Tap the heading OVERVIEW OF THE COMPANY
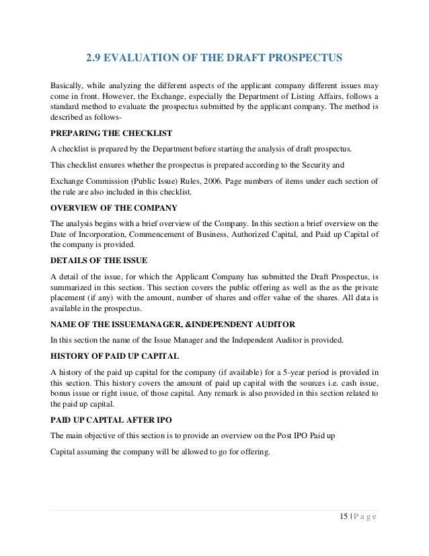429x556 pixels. (114, 207)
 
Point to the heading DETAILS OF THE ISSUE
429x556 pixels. (100, 260)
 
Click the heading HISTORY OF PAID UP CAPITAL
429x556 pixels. (115, 356)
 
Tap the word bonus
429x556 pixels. (62, 393)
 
